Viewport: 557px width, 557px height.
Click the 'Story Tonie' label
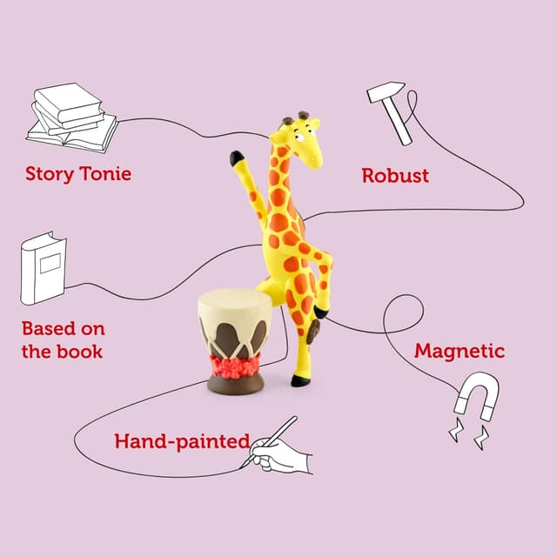click(78, 173)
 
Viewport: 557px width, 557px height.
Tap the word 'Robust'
click(395, 175)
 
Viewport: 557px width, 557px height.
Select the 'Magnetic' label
click(459, 352)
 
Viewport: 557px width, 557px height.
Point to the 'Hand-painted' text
click(182, 441)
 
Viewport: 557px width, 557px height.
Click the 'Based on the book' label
click(63, 340)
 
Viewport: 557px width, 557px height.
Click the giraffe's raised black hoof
click(237, 158)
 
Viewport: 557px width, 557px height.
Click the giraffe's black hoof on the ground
click(300, 380)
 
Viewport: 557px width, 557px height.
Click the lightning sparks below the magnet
click(467, 433)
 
